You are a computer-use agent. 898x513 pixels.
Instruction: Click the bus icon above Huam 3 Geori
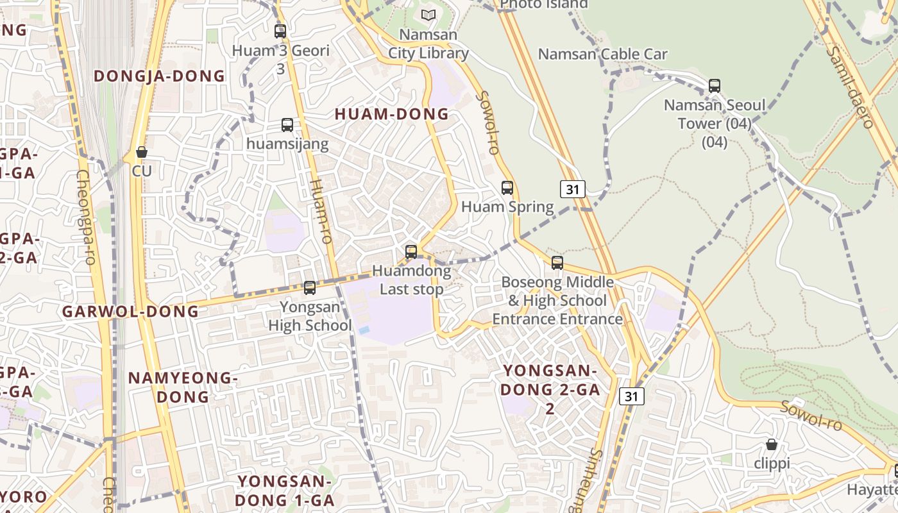(x=280, y=31)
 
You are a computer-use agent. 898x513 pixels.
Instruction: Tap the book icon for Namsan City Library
(x=428, y=15)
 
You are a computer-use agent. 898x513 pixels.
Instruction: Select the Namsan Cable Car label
(x=602, y=55)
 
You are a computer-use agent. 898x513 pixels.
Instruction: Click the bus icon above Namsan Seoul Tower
(x=714, y=85)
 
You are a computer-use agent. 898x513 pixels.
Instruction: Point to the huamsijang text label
(x=287, y=144)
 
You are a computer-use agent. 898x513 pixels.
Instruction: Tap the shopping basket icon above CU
(x=142, y=153)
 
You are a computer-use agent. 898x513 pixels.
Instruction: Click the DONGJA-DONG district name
(x=159, y=76)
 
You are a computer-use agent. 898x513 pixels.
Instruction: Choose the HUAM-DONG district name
(x=392, y=114)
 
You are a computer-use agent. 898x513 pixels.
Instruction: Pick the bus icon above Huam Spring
(x=507, y=188)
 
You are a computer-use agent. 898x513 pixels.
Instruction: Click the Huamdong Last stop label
(x=411, y=280)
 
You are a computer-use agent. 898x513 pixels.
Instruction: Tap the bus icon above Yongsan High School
(x=310, y=288)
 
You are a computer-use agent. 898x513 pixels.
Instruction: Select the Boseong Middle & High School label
(x=557, y=300)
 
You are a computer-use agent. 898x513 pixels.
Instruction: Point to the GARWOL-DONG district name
(x=130, y=312)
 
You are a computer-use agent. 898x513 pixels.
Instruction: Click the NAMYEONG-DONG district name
(x=183, y=387)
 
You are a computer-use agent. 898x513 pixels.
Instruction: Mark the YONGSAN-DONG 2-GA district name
(x=550, y=389)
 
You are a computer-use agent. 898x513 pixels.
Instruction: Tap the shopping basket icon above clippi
(x=772, y=444)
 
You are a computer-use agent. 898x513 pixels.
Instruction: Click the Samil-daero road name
(x=849, y=87)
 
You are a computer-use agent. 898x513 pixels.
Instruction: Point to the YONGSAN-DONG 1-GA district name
(x=284, y=491)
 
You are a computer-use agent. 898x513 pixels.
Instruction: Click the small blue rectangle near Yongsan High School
(x=364, y=330)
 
